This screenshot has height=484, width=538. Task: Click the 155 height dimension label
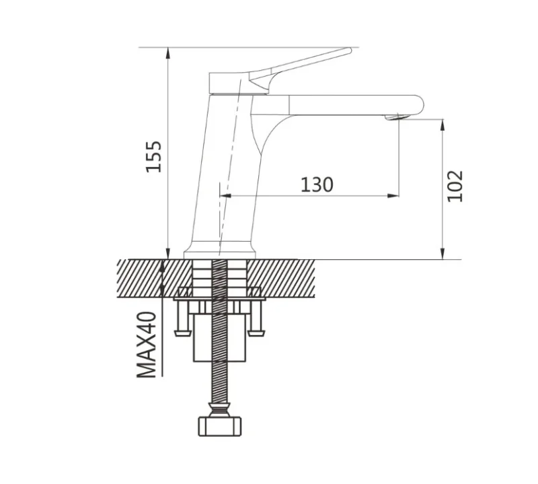154,156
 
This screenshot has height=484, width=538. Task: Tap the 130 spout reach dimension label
317,184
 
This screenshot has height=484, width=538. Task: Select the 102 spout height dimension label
455,186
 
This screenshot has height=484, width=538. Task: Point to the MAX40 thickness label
147,345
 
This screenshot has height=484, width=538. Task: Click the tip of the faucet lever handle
350,50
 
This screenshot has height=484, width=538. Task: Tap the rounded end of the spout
420,105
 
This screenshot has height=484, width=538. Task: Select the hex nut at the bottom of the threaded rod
220,426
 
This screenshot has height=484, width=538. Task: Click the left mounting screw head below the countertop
183,333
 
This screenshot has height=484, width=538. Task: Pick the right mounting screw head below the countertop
256,333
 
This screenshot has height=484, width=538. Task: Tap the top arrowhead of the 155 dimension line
167,53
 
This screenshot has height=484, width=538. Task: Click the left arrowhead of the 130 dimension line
225,195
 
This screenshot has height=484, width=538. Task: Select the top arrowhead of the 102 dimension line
443,125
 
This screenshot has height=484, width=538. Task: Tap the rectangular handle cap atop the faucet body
229,83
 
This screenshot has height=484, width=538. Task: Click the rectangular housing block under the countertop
220,338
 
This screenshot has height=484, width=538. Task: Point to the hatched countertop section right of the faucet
280,278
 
